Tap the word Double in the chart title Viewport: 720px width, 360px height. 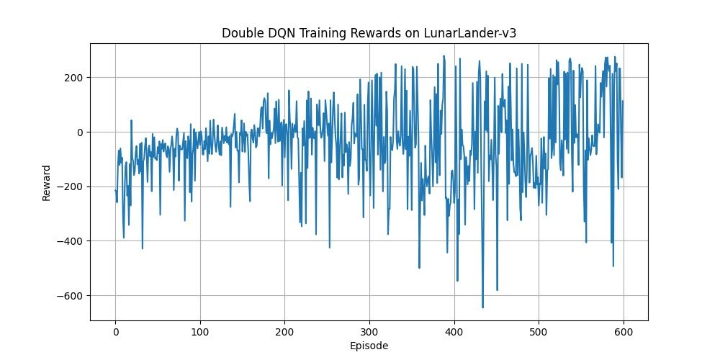[240, 33]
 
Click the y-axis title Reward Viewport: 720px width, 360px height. [47, 182]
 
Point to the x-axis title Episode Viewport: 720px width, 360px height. [369, 346]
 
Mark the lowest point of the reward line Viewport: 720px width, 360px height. [482, 307]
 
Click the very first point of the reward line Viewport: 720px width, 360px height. [115, 190]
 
